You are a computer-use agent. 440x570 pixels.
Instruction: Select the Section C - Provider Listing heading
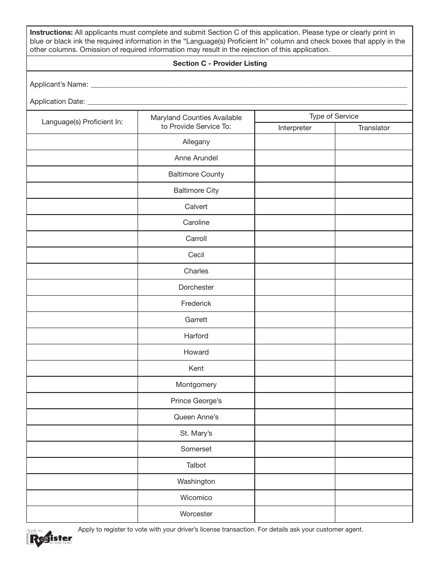click(220, 63)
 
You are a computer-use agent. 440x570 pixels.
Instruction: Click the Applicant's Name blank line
click(248, 84)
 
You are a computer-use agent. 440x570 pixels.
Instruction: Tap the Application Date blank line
click(247, 101)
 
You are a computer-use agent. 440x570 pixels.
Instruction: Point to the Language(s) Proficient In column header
click(82, 122)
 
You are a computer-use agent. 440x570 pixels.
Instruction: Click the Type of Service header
click(333, 116)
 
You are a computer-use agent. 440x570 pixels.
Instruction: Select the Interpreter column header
click(295, 128)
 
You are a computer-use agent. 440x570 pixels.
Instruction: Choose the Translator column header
click(374, 128)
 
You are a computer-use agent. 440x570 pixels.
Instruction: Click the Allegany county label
click(196, 142)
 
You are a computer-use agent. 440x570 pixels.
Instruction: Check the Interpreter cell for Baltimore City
click(295, 190)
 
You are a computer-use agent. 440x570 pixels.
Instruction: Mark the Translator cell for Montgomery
click(374, 385)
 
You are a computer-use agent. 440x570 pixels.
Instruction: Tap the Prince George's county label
click(196, 401)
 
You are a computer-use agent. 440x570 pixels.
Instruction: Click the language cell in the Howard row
click(82, 352)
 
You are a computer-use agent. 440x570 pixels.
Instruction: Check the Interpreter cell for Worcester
click(295, 514)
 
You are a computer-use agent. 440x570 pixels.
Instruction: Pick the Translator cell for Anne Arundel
click(374, 158)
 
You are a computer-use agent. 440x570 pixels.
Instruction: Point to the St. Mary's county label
click(196, 433)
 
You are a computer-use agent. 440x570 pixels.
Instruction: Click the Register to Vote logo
click(49, 538)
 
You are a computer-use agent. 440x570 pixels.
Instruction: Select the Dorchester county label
click(196, 287)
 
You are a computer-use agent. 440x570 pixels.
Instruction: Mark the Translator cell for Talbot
click(374, 465)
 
